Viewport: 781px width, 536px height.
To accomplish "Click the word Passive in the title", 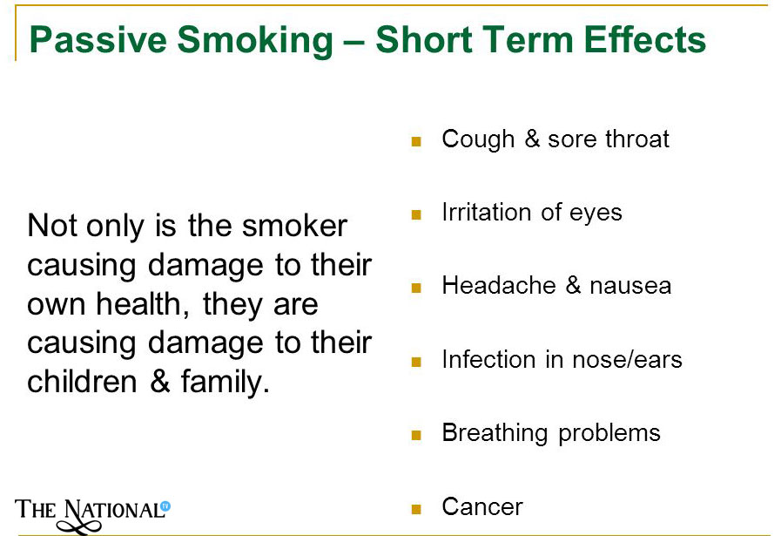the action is [98, 39].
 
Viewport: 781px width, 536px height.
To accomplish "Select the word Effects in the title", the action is [645, 39].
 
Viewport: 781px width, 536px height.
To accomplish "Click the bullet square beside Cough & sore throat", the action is [416, 141].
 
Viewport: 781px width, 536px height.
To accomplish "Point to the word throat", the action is [637, 139].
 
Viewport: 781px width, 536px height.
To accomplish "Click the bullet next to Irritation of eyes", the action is [416, 215].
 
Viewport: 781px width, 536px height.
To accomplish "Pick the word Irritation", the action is [487, 212].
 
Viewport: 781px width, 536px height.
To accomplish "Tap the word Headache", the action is [499, 285].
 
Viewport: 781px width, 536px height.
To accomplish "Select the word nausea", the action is [630, 287].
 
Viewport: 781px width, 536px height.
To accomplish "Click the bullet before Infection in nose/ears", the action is [416, 362].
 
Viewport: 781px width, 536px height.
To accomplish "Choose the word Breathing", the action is [495, 433].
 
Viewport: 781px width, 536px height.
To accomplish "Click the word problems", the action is [609, 433].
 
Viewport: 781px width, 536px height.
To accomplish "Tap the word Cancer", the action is [482, 506].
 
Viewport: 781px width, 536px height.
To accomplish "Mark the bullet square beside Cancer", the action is [416, 509].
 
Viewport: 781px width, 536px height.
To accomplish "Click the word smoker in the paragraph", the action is [294, 226].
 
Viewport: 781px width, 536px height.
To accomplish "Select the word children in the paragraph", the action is [82, 382].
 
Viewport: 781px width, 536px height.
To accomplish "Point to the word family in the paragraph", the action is [226, 383].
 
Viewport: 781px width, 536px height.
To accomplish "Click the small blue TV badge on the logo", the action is [165, 506].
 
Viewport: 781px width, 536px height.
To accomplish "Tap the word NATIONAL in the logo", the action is [113, 511].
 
